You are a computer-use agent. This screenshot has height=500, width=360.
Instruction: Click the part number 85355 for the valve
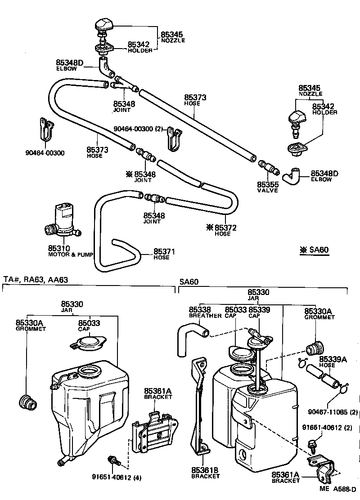click(x=268, y=184)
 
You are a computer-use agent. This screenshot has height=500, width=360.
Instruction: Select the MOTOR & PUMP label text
click(x=70, y=254)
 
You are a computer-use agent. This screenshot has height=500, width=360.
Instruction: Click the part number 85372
click(x=226, y=228)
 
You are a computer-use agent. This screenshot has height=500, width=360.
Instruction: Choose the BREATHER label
click(x=205, y=316)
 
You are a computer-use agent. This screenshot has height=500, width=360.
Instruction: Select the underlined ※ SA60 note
click(x=314, y=250)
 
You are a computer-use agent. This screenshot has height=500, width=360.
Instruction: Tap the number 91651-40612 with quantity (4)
click(x=112, y=477)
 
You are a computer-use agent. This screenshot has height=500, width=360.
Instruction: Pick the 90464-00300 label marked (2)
click(x=138, y=129)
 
